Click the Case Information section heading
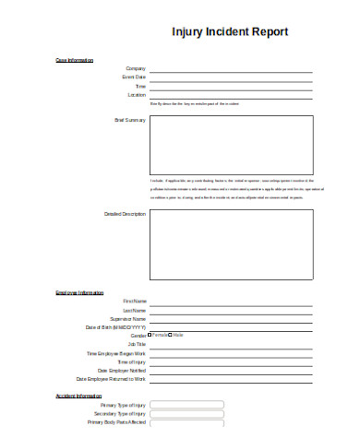pos(75,60)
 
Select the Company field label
pos(136,68)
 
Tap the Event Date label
pos(135,77)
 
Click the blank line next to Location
pos(231,96)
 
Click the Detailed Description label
pos(126,214)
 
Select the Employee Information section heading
pos(79,292)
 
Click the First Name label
pos(134,301)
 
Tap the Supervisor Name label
pos(128,318)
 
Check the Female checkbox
pos(150,335)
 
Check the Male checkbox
pos(170,335)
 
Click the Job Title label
pos(137,344)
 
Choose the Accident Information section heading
pos(78,396)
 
